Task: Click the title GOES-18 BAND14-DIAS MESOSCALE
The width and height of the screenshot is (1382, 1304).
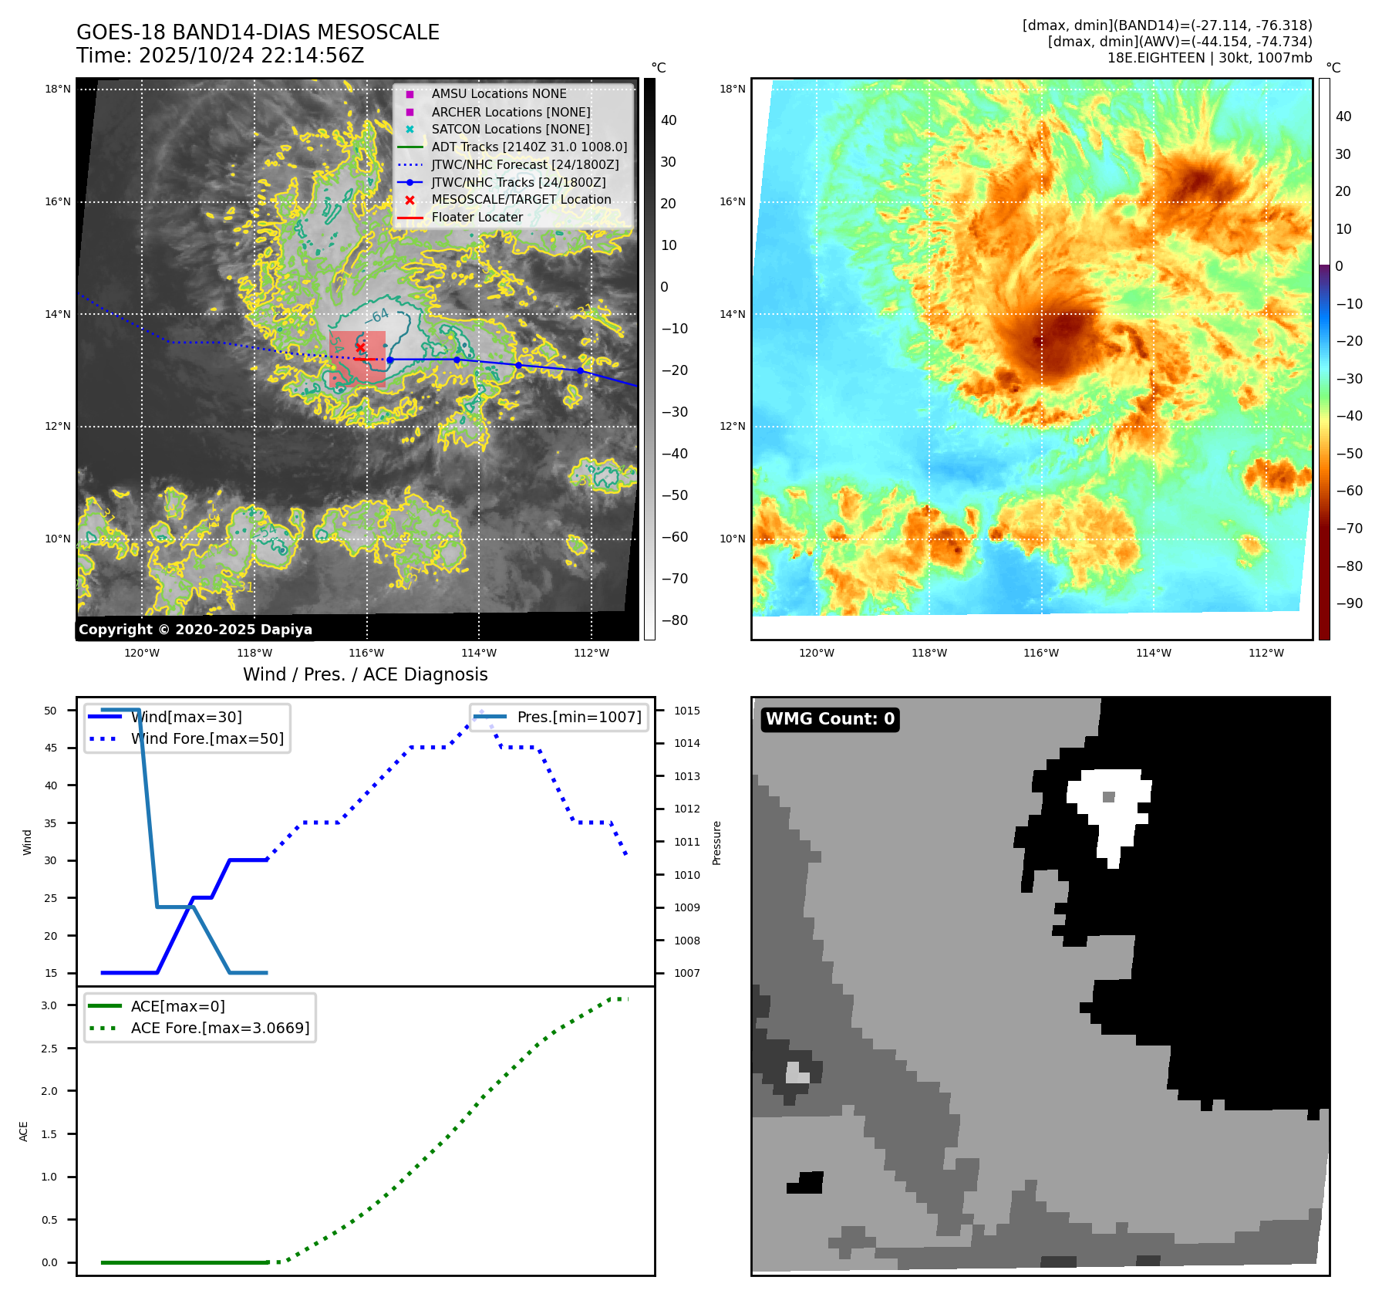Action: click(x=258, y=32)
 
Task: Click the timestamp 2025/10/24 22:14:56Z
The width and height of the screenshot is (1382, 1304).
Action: click(x=251, y=56)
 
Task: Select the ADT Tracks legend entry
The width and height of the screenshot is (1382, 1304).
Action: click(x=529, y=147)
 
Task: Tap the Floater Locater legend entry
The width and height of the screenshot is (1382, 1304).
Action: click(x=477, y=218)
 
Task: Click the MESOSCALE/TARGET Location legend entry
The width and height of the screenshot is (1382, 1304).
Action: click(x=521, y=200)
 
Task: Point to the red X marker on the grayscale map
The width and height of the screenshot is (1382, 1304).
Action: click(x=360, y=347)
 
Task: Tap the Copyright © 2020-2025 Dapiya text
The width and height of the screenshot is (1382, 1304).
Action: click(x=195, y=630)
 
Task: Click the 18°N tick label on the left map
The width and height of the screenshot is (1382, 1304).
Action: click(x=58, y=90)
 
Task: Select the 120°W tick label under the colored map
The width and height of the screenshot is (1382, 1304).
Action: click(x=817, y=654)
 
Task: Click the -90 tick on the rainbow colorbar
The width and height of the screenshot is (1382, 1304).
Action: click(x=1349, y=603)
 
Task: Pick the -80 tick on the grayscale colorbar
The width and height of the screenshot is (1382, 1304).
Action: click(x=675, y=620)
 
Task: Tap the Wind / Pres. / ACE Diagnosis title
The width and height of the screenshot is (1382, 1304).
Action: click(x=365, y=675)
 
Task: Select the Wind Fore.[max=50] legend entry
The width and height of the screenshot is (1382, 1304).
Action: click(x=207, y=739)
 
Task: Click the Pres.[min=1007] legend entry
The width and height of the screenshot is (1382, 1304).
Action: click(x=578, y=718)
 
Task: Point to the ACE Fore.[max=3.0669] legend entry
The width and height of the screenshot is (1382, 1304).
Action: click(x=220, y=1029)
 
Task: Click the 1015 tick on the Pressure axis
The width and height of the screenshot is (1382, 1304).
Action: click(x=687, y=711)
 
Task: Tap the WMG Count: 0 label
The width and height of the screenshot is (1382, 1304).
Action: click(x=830, y=719)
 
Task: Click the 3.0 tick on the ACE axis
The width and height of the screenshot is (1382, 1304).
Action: click(x=49, y=1005)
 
